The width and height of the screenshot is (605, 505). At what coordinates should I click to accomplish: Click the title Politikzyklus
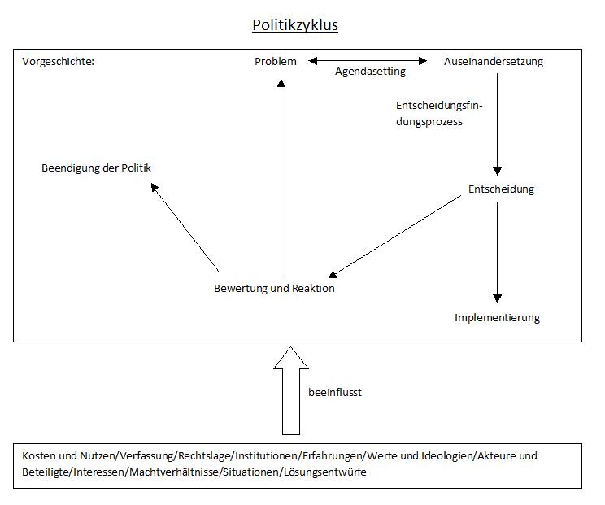coord(295,25)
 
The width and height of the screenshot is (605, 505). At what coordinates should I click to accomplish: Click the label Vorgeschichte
coord(58,62)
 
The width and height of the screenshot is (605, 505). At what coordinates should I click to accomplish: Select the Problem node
coord(276,62)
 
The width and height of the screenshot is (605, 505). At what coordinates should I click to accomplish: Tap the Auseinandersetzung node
coord(494,62)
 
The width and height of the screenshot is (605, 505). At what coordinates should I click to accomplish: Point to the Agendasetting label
coord(370,72)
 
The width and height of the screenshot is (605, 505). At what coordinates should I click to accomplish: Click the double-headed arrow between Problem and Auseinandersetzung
coord(368,60)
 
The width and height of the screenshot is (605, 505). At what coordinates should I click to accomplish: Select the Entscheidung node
coord(502,189)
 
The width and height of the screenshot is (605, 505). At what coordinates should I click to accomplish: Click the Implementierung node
coord(497,317)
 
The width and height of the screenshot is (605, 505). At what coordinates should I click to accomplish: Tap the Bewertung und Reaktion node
coord(274,288)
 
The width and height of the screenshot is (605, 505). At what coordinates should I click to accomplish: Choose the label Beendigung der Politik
coord(97,168)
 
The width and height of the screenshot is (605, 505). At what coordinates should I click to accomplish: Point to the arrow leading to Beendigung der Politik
coord(185,227)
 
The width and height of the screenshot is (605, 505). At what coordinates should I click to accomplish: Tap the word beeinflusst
coord(335,392)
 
